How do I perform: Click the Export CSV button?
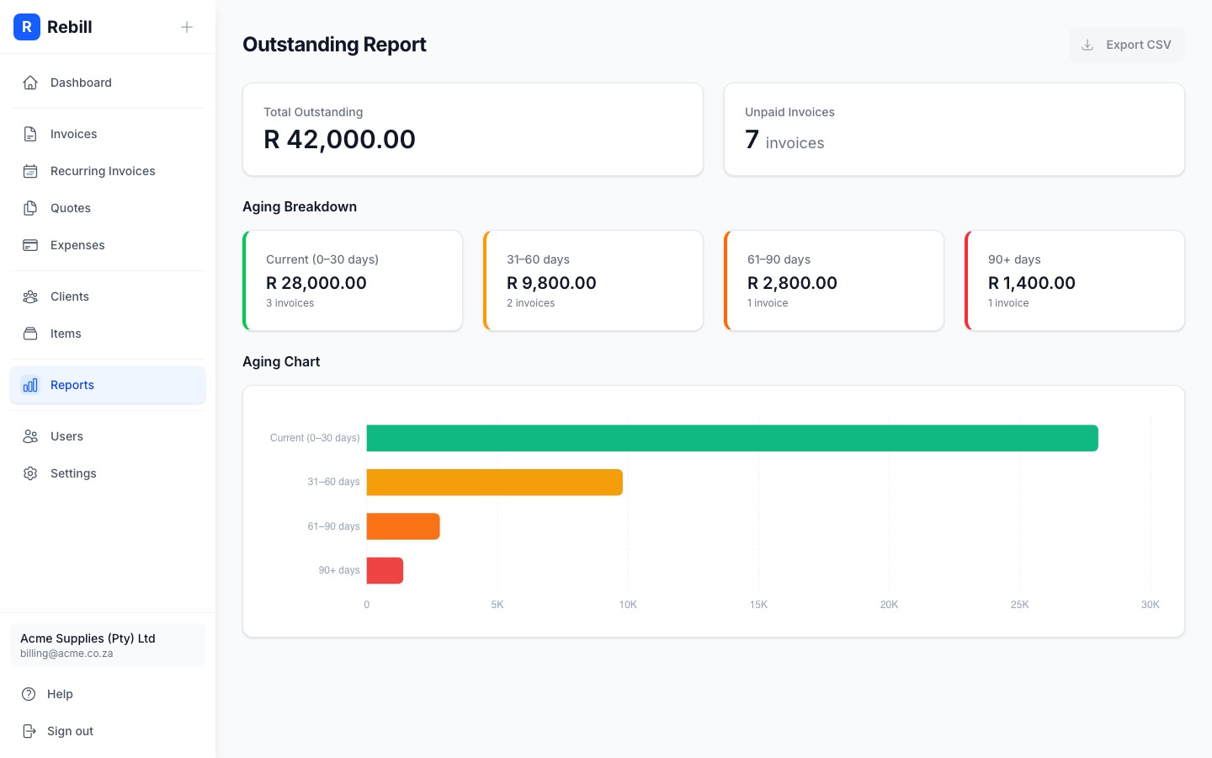pos(1126,45)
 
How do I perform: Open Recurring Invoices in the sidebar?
pos(103,171)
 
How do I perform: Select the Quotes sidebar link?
pos(71,208)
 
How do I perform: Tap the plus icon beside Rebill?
pos(187,27)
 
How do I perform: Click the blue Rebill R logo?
pos(27,27)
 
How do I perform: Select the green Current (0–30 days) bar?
pos(732,438)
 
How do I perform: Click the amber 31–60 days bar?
pos(494,483)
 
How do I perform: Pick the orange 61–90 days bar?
pos(403,526)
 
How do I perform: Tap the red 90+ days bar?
pos(385,570)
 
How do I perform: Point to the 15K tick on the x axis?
pos(758,605)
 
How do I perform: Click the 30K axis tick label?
pos(1150,605)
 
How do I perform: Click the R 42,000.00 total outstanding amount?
pos(339,139)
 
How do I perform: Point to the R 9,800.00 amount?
pos(551,283)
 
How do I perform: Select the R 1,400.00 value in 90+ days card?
pos(1031,283)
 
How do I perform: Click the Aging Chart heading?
pos(281,361)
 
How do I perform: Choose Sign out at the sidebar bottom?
pos(70,731)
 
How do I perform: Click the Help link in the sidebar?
pos(60,694)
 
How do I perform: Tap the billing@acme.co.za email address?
pos(66,654)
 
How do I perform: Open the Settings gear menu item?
pos(73,473)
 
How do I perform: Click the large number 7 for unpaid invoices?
pos(752,140)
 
